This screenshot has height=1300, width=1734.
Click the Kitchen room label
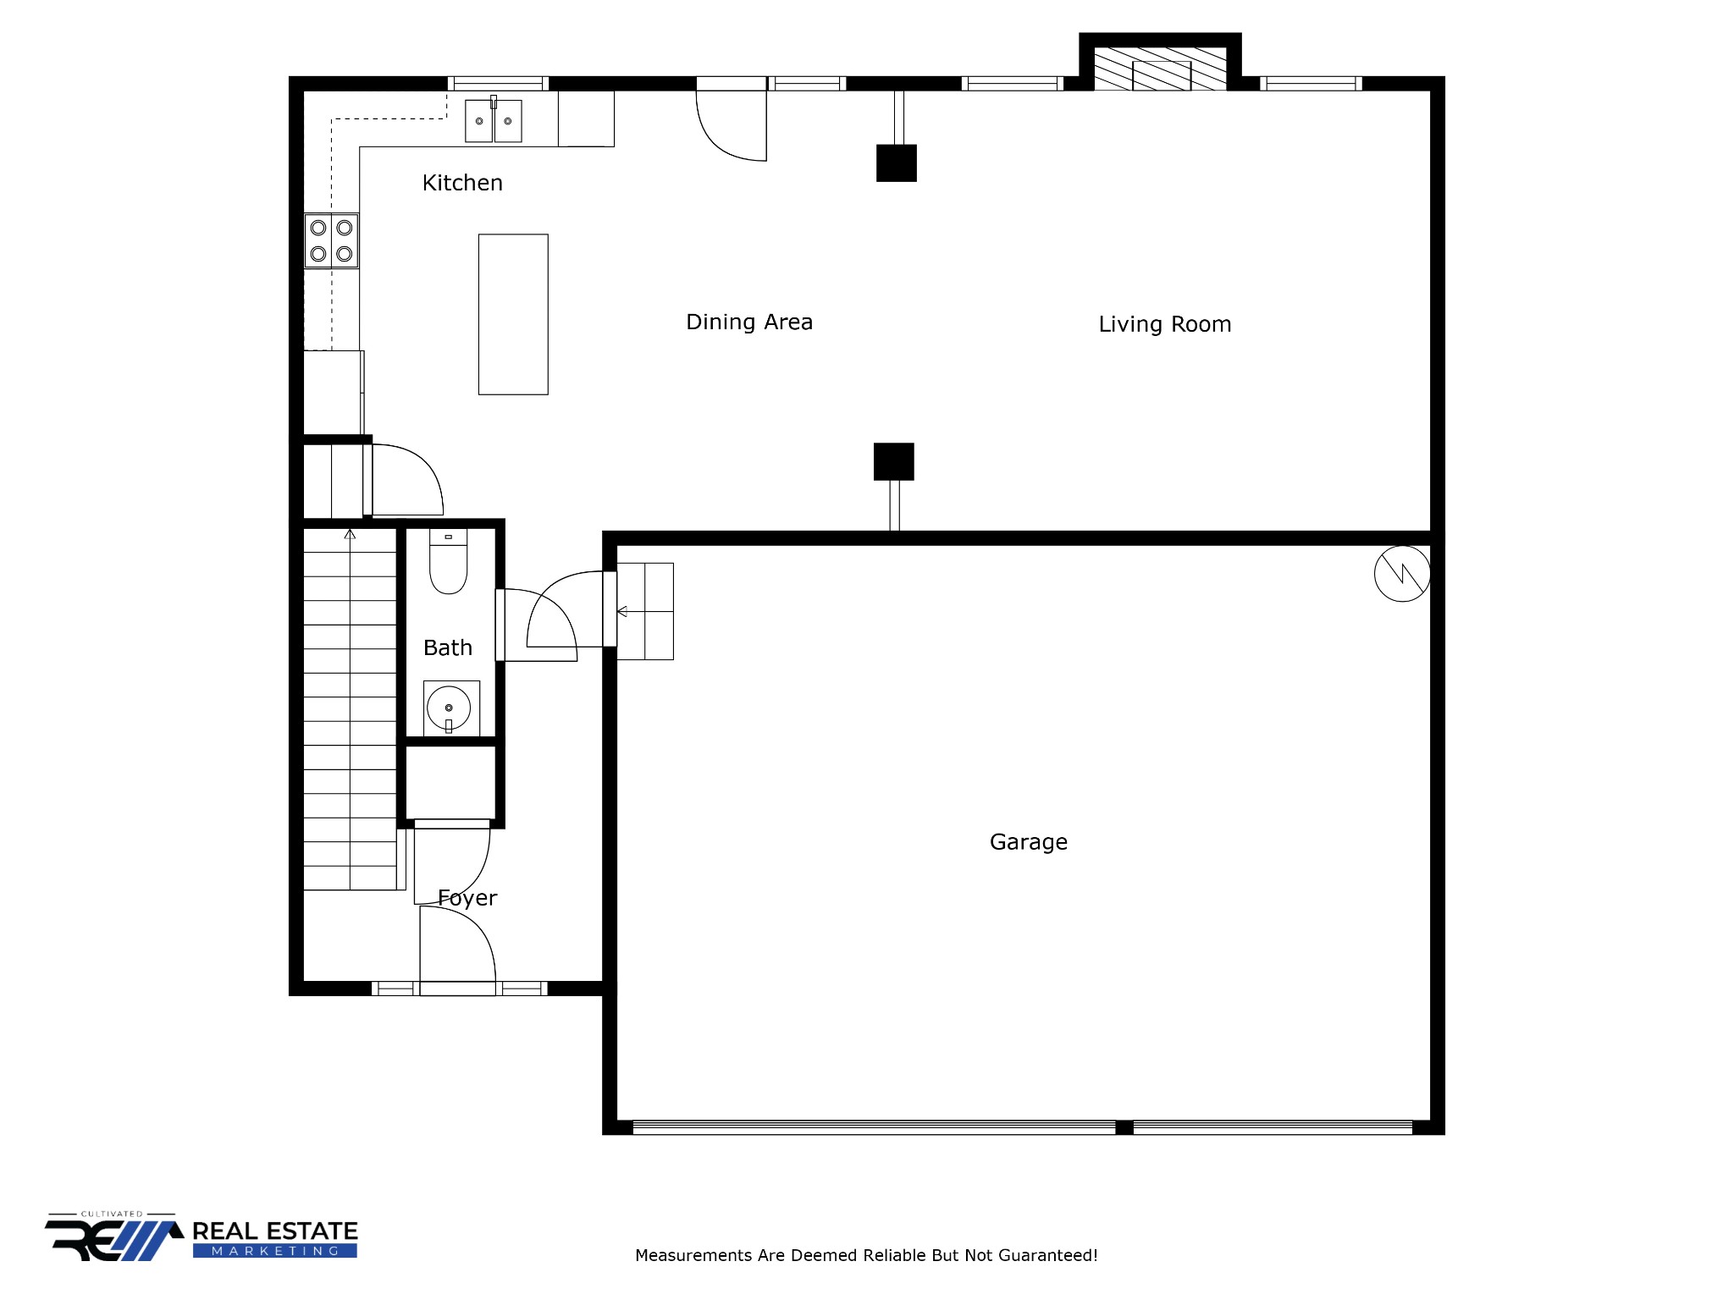462,183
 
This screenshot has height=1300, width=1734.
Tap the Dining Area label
748,322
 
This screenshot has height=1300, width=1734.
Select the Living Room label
1164,324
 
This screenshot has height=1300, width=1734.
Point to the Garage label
1028,842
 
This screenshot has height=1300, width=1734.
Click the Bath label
447,647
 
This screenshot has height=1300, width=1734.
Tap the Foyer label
467,898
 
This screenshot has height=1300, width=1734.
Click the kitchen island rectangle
513,314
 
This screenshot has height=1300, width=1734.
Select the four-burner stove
331,240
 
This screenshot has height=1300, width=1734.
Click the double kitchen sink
493,121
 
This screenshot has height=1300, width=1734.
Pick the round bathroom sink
449,708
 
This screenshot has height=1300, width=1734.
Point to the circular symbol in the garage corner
1401,574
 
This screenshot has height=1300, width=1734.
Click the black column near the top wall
896,163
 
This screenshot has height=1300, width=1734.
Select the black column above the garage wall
893,461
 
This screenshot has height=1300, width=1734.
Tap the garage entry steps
645,611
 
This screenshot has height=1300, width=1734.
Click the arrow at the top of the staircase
350,534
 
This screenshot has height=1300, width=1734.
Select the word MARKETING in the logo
274,1251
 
